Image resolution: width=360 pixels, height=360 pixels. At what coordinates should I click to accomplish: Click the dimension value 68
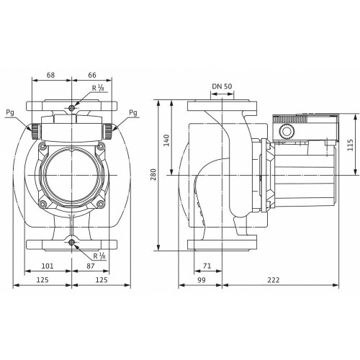click(x=50, y=75)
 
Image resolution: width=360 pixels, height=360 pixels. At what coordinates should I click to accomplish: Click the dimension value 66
click(x=92, y=75)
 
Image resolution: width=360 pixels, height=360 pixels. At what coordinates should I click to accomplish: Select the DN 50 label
click(x=222, y=86)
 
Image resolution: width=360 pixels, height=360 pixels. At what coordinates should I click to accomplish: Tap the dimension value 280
click(x=153, y=174)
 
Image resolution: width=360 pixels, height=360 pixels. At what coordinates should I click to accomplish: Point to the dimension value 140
click(x=166, y=140)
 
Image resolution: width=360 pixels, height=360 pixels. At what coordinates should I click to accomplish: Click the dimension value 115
click(x=350, y=145)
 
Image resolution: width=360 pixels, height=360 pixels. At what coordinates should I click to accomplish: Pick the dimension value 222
click(x=273, y=280)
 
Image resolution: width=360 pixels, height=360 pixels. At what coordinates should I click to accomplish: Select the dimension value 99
click(x=202, y=280)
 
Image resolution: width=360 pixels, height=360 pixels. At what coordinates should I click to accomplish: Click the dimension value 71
click(x=207, y=266)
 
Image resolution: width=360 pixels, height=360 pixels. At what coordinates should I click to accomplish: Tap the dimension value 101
click(x=48, y=266)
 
